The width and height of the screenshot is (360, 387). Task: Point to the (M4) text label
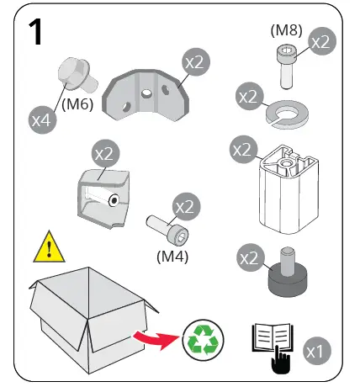(x=173, y=253)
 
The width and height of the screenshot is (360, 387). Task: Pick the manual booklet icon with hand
(x=271, y=344)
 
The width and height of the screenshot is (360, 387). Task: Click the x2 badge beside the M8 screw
(x=322, y=41)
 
